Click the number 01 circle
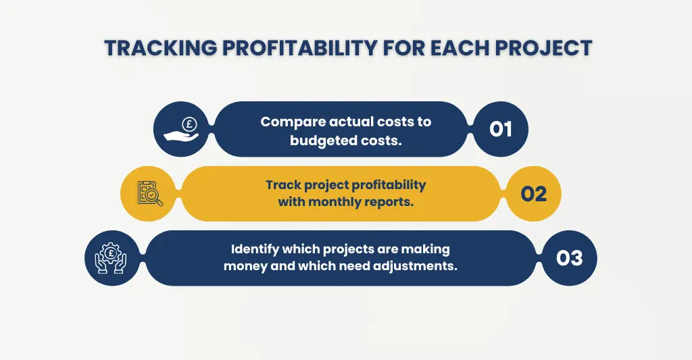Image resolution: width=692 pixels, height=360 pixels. (x=500, y=129)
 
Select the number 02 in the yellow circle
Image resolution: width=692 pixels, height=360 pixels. (x=533, y=194)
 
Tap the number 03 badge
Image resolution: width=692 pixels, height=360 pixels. (x=569, y=258)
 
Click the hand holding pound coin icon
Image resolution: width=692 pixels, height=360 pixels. (x=181, y=129)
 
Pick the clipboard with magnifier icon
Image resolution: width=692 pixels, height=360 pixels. (x=149, y=194)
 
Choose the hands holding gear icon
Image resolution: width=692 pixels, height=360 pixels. (x=112, y=258)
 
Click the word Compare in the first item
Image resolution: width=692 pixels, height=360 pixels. (x=291, y=122)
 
